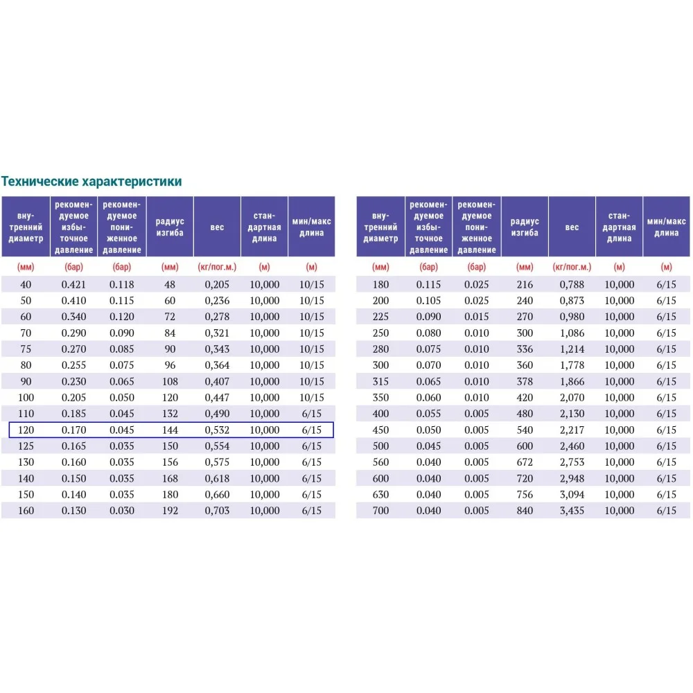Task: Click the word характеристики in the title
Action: click(x=132, y=182)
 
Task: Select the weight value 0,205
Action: click(x=217, y=284)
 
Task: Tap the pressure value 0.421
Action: click(x=73, y=284)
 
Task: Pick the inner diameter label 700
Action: click(x=380, y=511)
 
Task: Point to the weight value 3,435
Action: click(x=572, y=511)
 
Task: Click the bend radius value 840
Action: click(x=525, y=511)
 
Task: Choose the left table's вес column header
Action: click(x=217, y=227)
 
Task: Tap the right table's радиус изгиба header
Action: click(x=525, y=227)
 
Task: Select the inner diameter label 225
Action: click(x=380, y=317)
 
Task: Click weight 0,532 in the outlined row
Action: click(x=217, y=430)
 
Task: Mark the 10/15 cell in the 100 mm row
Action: click(x=311, y=398)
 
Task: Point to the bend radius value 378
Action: click(x=525, y=381)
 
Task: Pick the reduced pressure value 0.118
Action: click(x=121, y=284)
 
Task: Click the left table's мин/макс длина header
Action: click(x=311, y=227)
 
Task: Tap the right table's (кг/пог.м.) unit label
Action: click(x=572, y=267)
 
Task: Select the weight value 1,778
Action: click(x=572, y=365)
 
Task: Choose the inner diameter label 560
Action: click(x=380, y=462)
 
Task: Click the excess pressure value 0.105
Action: click(x=428, y=301)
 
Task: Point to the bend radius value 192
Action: click(x=170, y=511)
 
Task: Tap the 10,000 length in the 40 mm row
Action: click(x=265, y=284)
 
